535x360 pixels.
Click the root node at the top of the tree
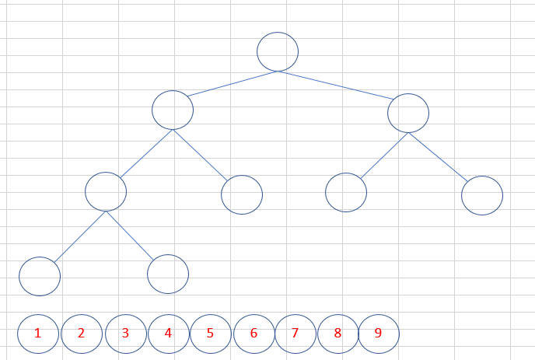tap(278, 51)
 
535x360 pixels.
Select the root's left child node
tap(173, 110)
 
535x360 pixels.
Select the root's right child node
tap(408, 113)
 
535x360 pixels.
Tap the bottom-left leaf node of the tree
tap(40, 276)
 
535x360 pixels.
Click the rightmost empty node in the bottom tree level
tap(168, 274)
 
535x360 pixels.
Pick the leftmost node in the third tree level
tap(106, 190)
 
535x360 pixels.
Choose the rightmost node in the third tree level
tap(482, 195)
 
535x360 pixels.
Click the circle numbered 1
tap(37, 334)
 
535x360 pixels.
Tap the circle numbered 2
tap(81, 334)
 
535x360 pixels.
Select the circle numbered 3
tap(124, 334)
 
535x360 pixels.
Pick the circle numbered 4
tap(167, 334)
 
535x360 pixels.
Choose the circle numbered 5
tap(210, 334)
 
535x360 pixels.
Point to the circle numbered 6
tap(254, 334)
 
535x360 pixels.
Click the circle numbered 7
tap(295, 334)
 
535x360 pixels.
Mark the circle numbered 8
tap(337, 334)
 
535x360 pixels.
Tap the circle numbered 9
tap(379, 334)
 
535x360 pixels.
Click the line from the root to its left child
tap(233, 84)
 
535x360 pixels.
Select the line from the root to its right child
tap(336, 86)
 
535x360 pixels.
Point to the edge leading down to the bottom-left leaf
tap(79, 236)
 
